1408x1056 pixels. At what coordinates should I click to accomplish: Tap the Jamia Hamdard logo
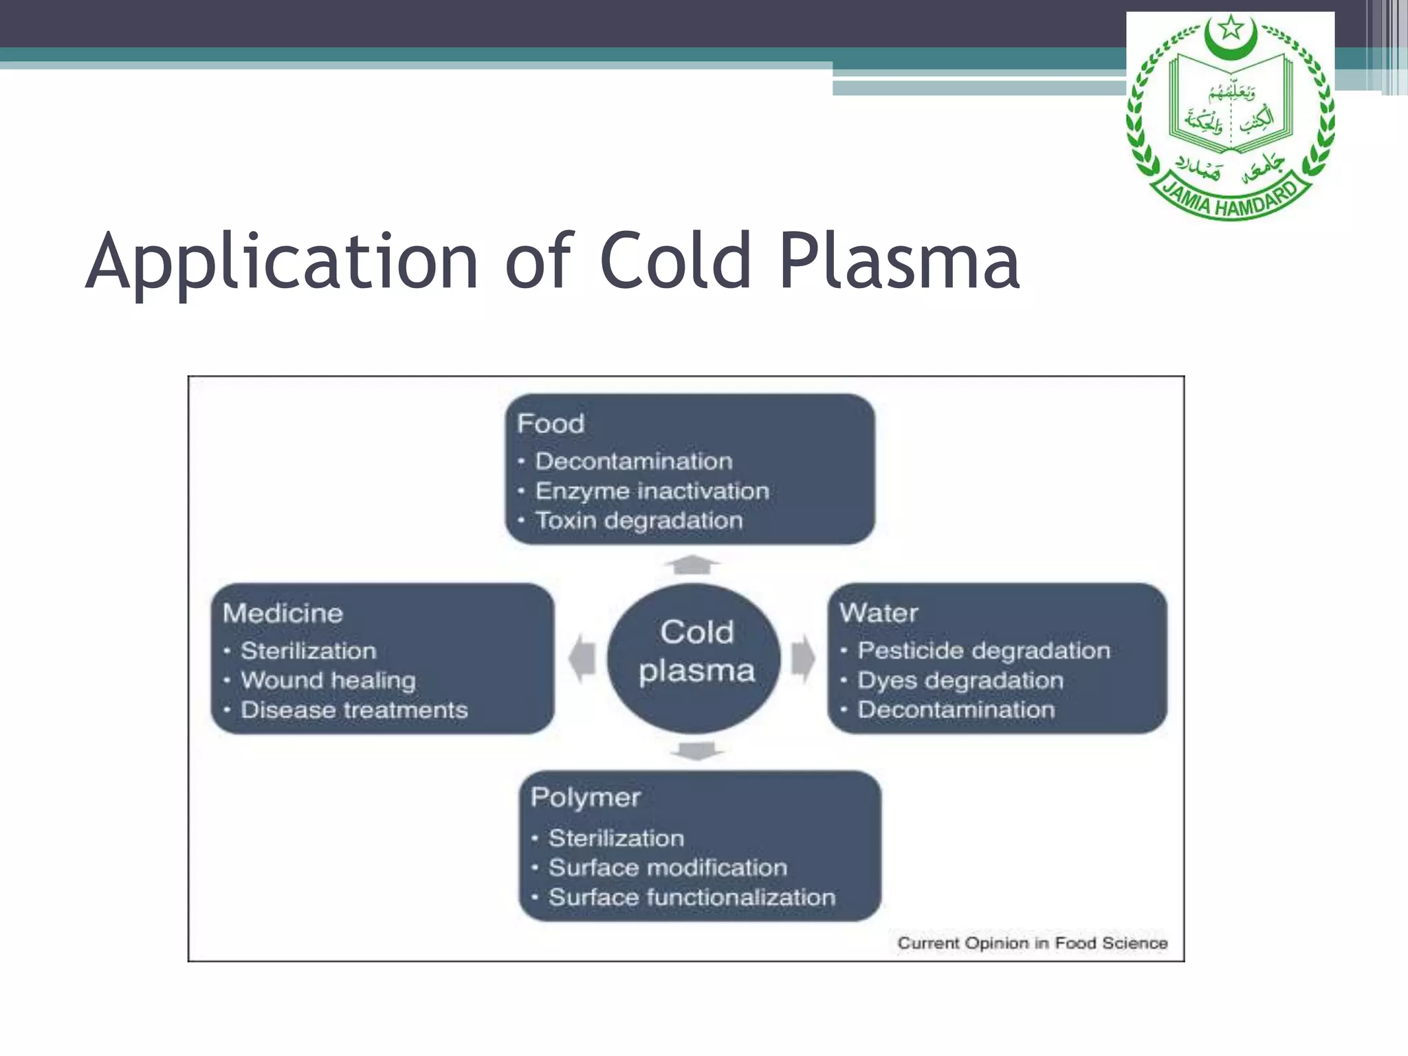[1230, 118]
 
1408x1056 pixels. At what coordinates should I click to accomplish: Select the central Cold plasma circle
[695, 658]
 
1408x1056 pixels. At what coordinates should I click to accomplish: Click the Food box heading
[551, 423]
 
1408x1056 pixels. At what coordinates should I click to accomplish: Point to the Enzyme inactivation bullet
[652, 491]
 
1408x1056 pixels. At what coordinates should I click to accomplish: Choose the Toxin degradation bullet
[639, 520]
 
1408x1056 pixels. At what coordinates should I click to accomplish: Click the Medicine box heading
[283, 613]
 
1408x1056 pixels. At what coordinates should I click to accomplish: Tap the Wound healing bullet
[328, 680]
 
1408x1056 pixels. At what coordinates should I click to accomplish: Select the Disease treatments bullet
[354, 709]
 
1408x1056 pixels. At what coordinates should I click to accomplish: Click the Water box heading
[879, 613]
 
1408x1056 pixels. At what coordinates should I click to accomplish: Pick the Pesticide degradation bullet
[983, 650]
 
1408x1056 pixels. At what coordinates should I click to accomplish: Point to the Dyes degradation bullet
[960, 680]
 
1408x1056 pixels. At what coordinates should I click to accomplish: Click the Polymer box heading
[586, 797]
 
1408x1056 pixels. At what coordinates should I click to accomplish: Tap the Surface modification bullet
[668, 868]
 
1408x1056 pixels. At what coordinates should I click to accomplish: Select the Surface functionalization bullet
[692, 897]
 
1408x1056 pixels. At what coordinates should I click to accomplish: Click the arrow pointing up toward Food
[692, 564]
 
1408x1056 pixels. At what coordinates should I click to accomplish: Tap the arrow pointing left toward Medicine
[582, 659]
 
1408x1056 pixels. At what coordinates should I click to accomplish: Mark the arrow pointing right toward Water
[803, 659]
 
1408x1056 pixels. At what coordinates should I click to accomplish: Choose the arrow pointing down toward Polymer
[696, 751]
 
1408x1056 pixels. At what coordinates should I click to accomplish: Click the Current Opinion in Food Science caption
[1032, 943]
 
